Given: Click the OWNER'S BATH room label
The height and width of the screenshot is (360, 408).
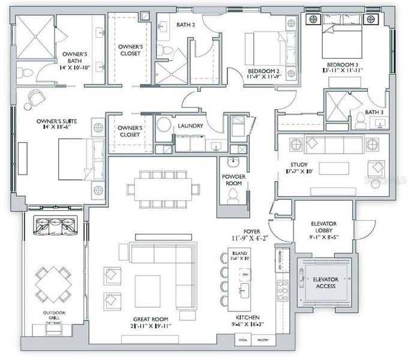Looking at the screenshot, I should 75,58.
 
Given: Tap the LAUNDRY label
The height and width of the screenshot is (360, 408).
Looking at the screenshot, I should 190,126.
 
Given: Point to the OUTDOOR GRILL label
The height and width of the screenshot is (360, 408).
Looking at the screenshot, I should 54,316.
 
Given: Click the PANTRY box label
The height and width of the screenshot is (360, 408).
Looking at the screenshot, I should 263,340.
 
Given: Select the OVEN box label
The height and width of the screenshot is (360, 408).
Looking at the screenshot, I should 243,340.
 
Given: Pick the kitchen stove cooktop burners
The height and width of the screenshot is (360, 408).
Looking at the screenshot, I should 282,290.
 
